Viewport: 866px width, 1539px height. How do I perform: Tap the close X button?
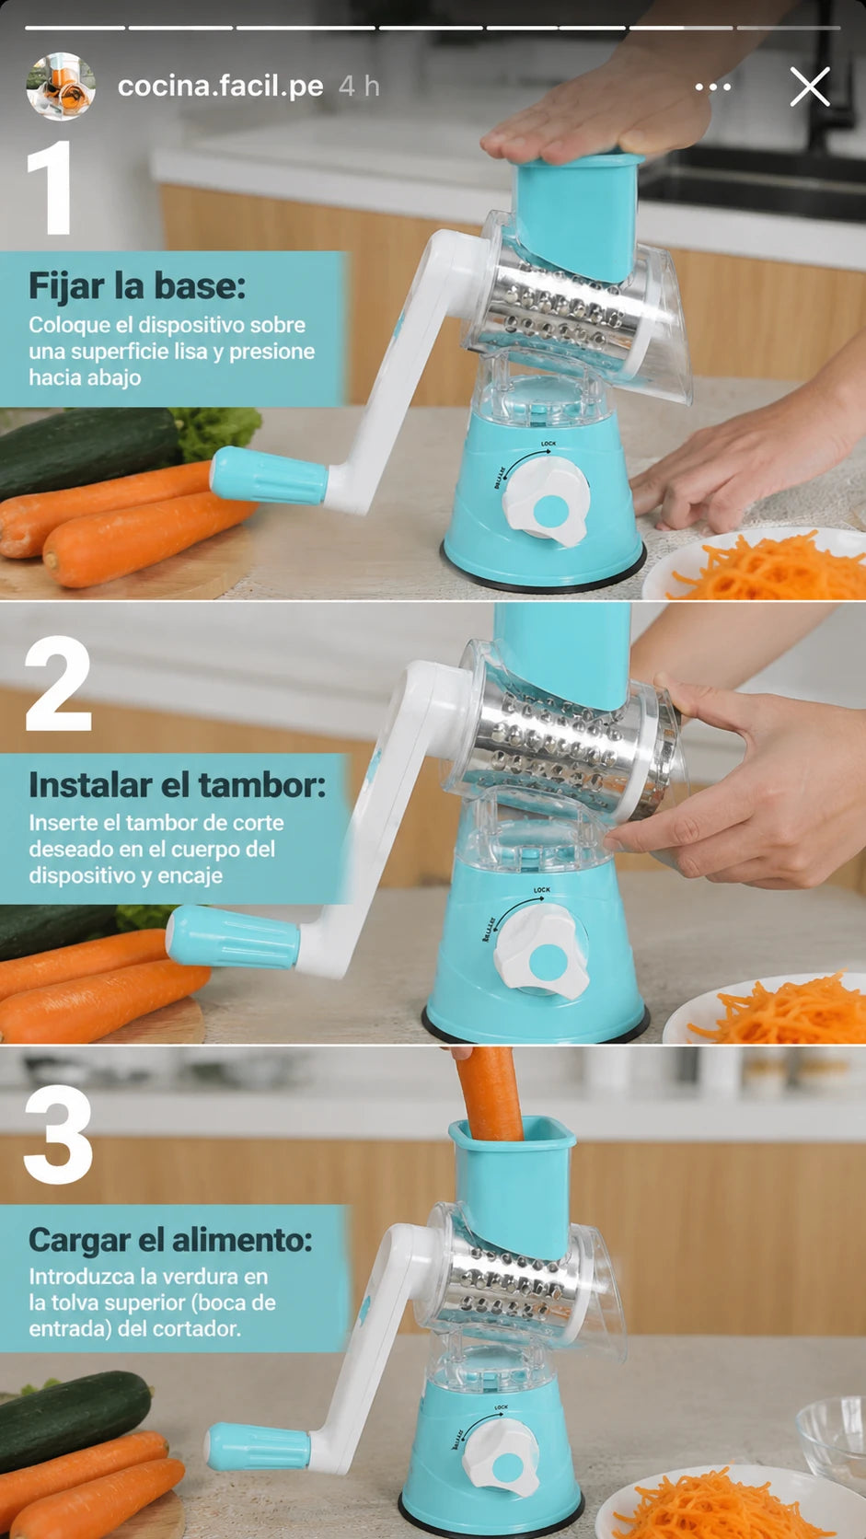(x=810, y=87)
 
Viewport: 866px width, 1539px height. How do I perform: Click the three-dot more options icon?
(x=713, y=87)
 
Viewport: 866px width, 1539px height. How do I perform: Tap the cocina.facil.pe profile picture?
(x=61, y=87)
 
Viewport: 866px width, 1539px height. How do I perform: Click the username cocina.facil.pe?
(x=221, y=87)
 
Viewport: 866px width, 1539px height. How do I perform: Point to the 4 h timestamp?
(x=359, y=87)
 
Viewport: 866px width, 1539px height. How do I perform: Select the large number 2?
(x=58, y=683)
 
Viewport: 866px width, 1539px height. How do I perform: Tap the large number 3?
(x=58, y=1134)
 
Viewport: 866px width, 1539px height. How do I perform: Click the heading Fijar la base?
(x=137, y=286)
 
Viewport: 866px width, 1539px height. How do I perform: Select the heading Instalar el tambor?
(x=178, y=784)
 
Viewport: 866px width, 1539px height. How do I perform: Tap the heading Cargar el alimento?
(x=170, y=1240)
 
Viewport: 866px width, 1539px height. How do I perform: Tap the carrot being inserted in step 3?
(x=488, y=1093)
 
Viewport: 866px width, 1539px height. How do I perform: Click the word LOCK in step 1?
(x=548, y=444)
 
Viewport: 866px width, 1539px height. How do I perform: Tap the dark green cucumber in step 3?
(x=72, y=1417)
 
